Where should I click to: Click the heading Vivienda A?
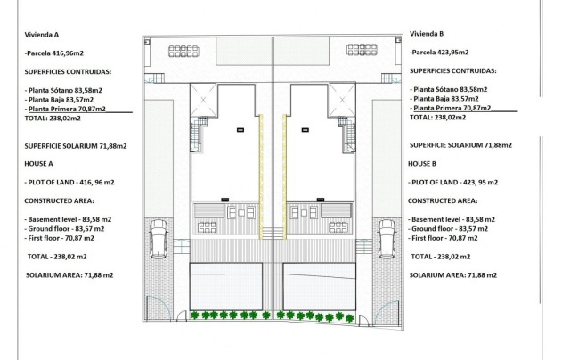41,35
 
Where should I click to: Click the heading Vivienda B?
427,34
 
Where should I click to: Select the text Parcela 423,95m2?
444,53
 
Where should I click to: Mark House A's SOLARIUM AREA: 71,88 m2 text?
69,275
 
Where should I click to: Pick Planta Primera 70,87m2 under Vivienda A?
65,108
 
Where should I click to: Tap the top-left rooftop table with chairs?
183,51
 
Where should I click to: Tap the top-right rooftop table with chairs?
362,51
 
